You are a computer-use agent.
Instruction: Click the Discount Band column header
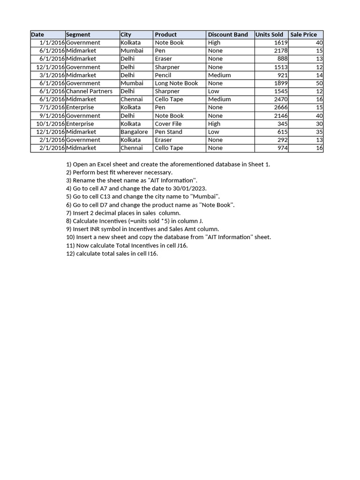pyautogui.click(x=228, y=35)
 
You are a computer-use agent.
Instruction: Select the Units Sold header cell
pyautogui.click(x=269, y=35)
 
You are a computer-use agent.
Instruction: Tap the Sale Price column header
pyautogui.click(x=303, y=35)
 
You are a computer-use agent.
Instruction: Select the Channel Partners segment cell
pyautogui.click(x=89, y=91)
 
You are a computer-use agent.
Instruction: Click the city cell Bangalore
pyautogui.click(x=134, y=132)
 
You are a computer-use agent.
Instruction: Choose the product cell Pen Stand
pyautogui.click(x=168, y=132)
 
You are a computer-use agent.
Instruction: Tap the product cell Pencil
pyautogui.click(x=163, y=75)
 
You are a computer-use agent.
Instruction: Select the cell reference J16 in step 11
pyautogui.click(x=181, y=245)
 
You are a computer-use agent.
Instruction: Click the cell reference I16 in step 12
pyautogui.click(x=152, y=254)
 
